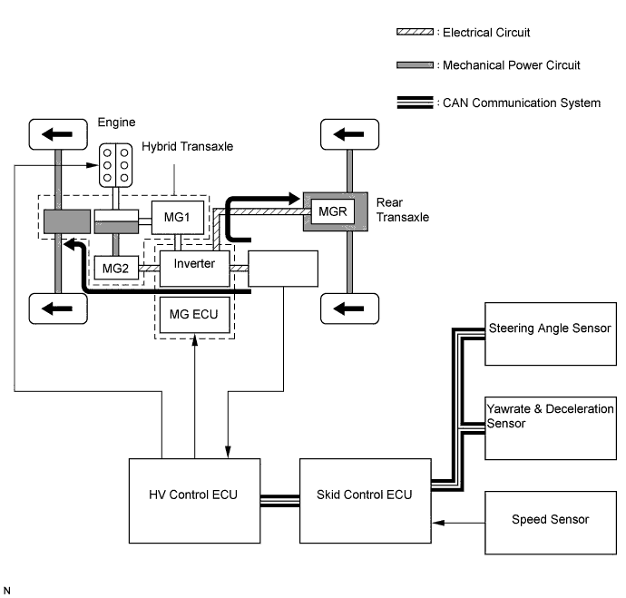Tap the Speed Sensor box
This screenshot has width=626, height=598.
click(550, 520)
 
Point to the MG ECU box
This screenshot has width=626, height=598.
click(194, 314)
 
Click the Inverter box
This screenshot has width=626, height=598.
click(194, 264)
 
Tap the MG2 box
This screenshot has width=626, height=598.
click(113, 268)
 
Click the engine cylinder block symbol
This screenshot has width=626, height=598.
click(114, 166)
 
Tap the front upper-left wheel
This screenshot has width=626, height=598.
click(58, 135)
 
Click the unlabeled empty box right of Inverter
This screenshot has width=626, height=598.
click(283, 270)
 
